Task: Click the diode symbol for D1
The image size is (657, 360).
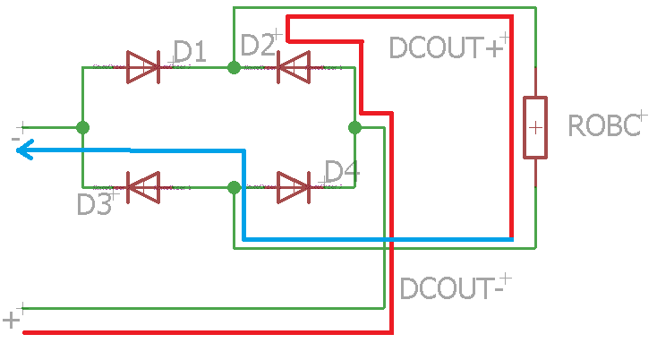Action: coord(142,66)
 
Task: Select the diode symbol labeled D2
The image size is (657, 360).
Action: coord(293,66)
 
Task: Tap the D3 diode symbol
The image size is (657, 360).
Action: coord(142,187)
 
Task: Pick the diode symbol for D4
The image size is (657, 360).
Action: coord(293,187)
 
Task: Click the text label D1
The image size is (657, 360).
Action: coord(189,53)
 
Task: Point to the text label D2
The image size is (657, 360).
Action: coord(258,45)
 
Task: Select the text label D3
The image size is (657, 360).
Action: coord(94,204)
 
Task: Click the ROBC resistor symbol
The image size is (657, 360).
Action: coord(534,127)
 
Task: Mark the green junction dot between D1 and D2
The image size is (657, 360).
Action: coord(234,67)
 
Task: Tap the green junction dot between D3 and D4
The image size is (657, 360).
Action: coord(234,187)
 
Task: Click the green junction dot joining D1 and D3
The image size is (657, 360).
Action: coord(82,127)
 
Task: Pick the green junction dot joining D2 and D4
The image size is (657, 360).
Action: coord(354,127)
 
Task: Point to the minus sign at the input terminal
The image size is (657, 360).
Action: coord(15,139)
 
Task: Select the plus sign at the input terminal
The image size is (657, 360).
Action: coord(12,320)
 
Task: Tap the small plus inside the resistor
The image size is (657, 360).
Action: coord(534,127)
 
